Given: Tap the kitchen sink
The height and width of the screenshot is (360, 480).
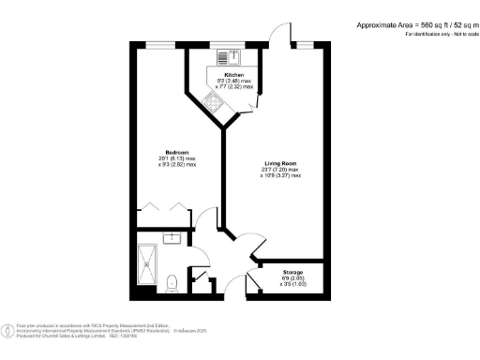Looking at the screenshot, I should click(226, 57).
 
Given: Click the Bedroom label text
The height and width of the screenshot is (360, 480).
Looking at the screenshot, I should click(178, 153).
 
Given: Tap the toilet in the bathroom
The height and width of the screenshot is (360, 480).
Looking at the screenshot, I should click(172, 281).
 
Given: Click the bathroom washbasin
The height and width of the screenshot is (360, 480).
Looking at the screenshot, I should click(173, 240).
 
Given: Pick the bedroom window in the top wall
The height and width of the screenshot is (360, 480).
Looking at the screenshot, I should click(164, 44).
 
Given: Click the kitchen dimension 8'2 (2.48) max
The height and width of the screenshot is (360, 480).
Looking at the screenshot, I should click(234, 81).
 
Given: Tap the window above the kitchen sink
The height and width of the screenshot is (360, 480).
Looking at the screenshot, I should click(226, 44).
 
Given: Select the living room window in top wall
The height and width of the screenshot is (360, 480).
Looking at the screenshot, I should click(305, 44).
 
